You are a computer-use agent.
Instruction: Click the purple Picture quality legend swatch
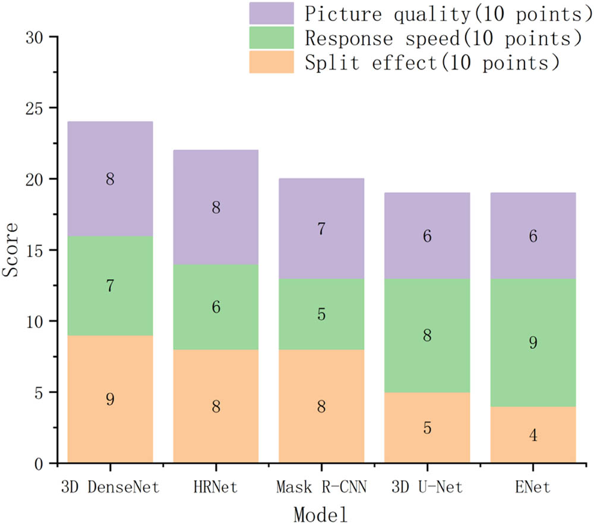(271, 13)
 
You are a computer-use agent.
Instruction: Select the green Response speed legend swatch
(271, 38)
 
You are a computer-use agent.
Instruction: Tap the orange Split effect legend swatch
(271, 62)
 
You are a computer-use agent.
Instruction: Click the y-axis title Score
(12, 250)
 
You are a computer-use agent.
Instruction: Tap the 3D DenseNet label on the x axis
(110, 489)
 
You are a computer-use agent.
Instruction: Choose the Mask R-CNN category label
(321, 489)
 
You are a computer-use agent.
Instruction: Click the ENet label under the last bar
(533, 489)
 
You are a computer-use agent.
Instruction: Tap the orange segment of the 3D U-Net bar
(427, 428)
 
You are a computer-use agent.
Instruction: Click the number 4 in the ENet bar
(533, 435)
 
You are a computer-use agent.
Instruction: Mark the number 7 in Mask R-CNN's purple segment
(321, 229)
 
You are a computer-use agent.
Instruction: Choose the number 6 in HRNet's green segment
(216, 307)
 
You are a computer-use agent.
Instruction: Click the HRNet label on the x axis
(216, 489)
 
